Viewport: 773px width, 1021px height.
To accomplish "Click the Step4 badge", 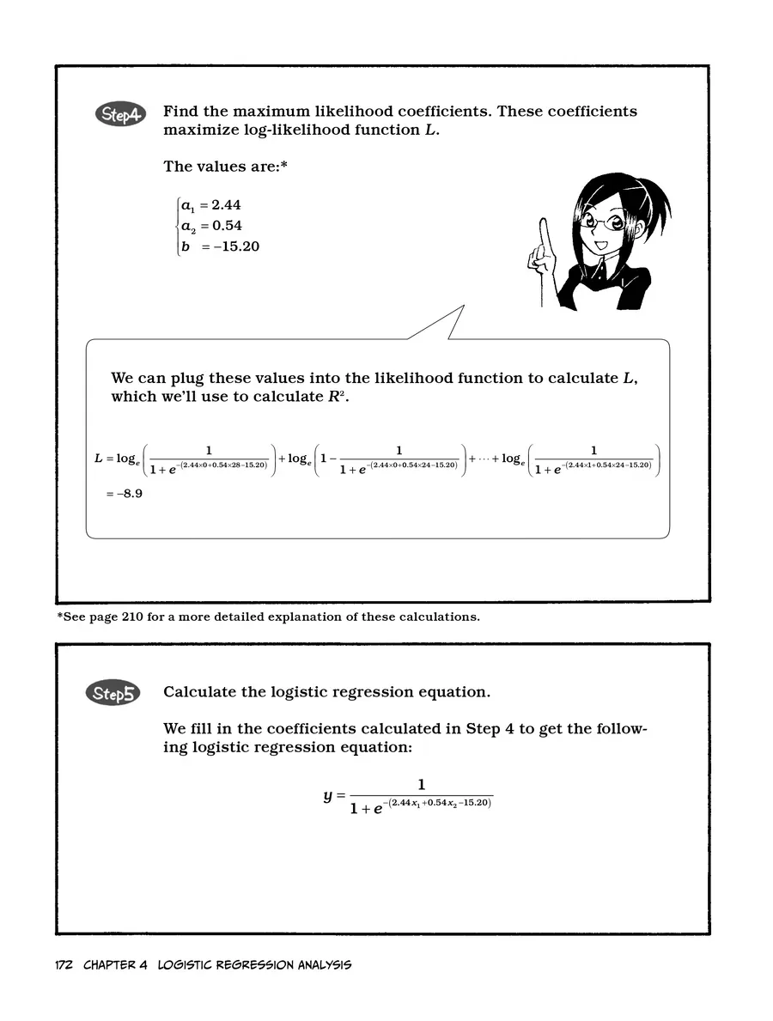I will coord(121,115).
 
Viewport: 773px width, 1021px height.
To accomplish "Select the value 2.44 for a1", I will coord(227,205).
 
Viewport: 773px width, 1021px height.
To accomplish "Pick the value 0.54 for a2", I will coord(227,226).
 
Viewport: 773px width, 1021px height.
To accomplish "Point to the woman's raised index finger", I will coord(543,232).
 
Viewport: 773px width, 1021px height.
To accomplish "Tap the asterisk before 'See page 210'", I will coord(60,617).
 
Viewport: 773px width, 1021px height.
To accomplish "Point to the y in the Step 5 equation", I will coord(328,796).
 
